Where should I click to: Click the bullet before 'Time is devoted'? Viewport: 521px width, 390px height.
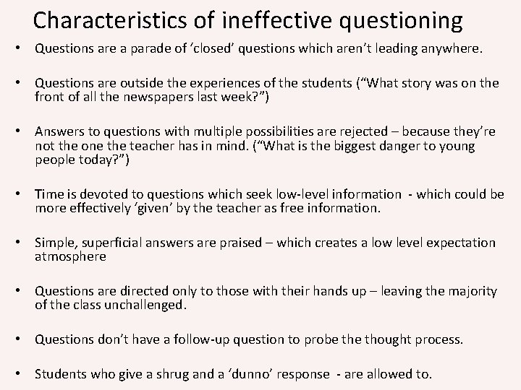point(24,195)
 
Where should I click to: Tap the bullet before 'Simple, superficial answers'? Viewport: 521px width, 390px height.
point(24,243)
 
